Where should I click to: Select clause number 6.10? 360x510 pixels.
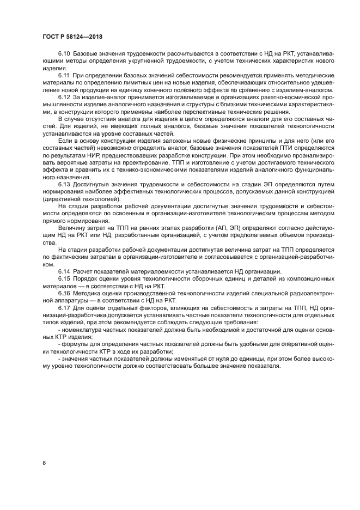tap(64, 54)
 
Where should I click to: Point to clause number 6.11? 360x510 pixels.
tap(64, 76)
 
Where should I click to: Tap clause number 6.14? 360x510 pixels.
tap(64, 271)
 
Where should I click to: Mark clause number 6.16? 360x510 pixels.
tap(64, 293)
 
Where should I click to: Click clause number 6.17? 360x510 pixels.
tap(64, 307)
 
